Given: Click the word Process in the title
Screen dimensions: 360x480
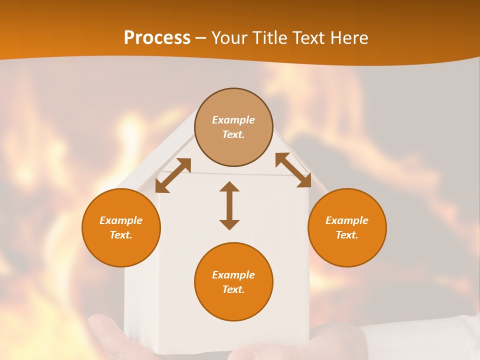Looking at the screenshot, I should pos(157,38).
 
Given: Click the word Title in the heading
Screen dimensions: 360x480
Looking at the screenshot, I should pos(269,38).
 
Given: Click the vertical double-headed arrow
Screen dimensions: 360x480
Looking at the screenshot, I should pos(229,205).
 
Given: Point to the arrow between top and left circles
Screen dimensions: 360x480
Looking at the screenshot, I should pos(173,175).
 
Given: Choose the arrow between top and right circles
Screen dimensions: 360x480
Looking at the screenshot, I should pos(293,170).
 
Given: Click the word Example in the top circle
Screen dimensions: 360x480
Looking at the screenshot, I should pos(233,120).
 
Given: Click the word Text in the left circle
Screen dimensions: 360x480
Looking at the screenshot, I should pos(121,235).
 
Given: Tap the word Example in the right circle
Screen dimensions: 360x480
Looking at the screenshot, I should pos(347,220).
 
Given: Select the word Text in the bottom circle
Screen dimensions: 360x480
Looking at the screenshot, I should pos(233,289).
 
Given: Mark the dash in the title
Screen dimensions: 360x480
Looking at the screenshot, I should pos(201,38).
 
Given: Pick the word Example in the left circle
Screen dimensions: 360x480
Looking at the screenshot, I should pos(121,220).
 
